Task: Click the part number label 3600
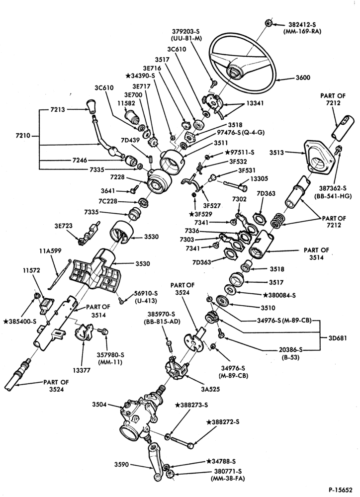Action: (x=303, y=78)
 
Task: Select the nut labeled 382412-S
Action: (x=268, y=23)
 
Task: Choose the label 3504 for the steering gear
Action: (x=99, y=405)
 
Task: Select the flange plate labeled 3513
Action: (x=318, y=157)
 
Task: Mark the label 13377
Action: (x=81, y=370)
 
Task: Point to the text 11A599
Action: (x=50, y=251)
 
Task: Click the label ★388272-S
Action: (x=222, y=422)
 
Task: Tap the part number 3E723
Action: (x=63, y=226)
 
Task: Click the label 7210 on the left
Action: (x=23, y=136)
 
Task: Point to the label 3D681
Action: (x=338, y=338)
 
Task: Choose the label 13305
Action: (x=258, y=178)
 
